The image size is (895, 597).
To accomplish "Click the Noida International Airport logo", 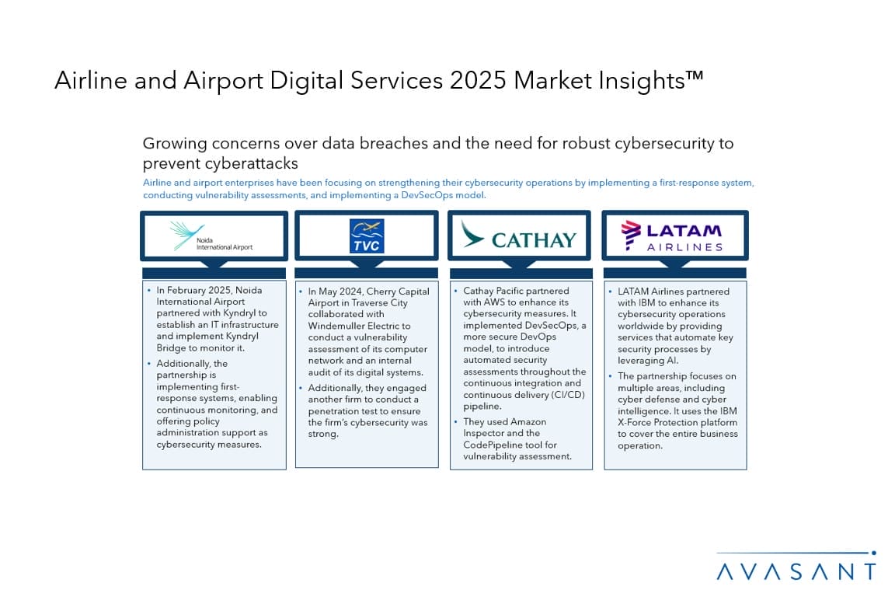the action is (x=211, y=236).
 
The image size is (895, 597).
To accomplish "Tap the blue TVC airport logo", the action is (x=367, y=236).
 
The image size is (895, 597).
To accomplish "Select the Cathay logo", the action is (x=518, y=236).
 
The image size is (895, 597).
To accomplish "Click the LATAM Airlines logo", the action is (x=672, y=236).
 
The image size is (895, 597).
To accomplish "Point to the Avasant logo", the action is (x=796, y=566).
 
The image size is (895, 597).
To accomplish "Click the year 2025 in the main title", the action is (x=478, y=80).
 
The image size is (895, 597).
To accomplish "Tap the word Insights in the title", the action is (x=642, y=80).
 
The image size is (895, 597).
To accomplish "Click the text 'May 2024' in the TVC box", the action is (x=340, y=292).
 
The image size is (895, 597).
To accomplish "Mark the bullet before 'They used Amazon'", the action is (x=455, y=421).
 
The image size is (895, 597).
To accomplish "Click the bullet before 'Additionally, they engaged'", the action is (x=301, y=388).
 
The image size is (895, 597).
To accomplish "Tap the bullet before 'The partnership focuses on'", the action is (x=610, y=376).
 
